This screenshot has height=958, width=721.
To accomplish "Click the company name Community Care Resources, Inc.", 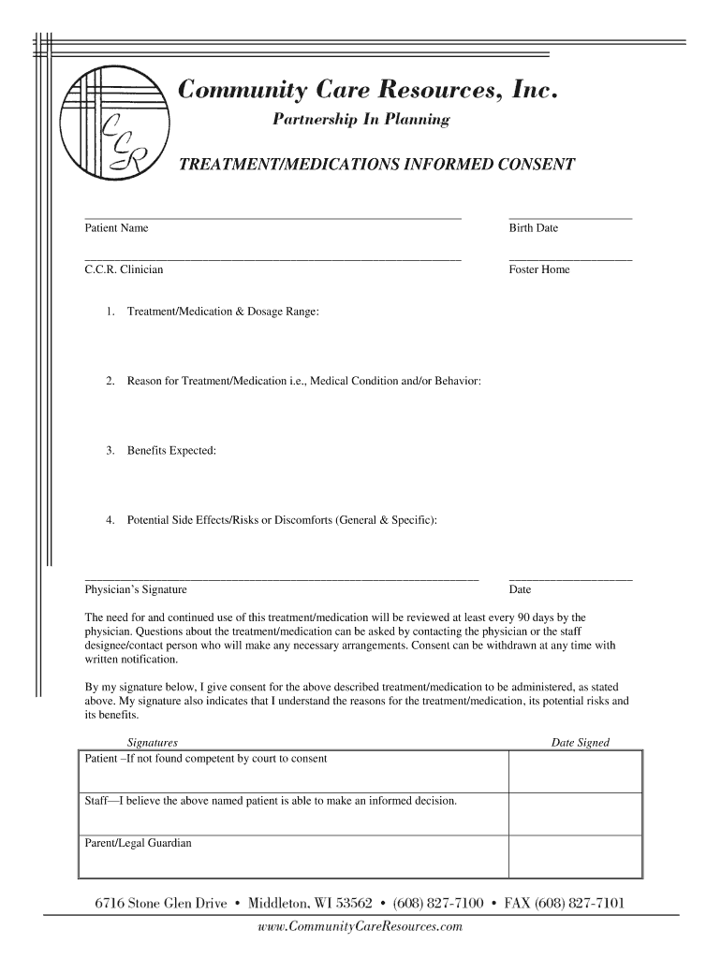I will click(x=370, y=91).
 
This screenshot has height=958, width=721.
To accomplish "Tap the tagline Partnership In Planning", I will click(x=360, y=120).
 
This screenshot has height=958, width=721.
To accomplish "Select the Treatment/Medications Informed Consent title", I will click(x=376, y=165).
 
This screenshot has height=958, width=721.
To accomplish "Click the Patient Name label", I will click(x=116, y=228).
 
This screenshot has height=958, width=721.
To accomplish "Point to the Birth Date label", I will click(x=533, y=228).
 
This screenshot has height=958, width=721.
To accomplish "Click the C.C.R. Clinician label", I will click(x=124, y=269).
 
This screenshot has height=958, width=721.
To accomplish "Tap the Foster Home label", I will click(x=538, y=269).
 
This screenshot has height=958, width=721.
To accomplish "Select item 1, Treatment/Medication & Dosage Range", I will click(x=223, y=311).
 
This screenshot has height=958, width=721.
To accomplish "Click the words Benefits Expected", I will click(x=171, y=451).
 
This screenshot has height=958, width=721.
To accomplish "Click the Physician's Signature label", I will click(x=136, y=589).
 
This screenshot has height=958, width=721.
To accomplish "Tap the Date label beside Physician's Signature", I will click(x=520, y=589).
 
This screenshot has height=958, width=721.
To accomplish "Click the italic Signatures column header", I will click(x=152, y=743).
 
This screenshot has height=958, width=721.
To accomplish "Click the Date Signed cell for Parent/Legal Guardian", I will click(x=575, y=855).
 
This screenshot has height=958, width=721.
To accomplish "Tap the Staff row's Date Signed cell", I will click(x=575, y=813).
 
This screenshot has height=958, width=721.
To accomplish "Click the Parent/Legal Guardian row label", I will click(x=139, y=843).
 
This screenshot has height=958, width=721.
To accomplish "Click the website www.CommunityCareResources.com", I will click(x=360, y=926).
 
